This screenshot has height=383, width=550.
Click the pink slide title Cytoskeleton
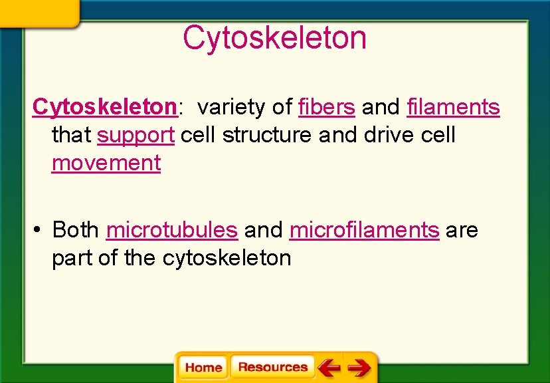tap(274, 38)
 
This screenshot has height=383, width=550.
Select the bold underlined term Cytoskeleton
tap(104, 106)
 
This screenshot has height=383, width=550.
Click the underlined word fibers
tap(327, 106)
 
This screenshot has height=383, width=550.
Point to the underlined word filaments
tap(453, 106)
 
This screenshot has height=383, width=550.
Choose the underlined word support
tap(136, 135)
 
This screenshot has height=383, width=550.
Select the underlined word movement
tap(106, 163)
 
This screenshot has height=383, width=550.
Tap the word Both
tap(76, 230)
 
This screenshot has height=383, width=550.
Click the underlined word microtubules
tap(171, 230)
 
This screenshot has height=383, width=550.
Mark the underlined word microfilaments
tap(364, 230)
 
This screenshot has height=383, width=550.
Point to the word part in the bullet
tap(72, 259)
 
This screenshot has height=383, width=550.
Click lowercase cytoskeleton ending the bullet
tap(227, 259)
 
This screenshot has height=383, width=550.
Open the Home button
tap(203, 368)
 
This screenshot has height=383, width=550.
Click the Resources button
tap(272, 367)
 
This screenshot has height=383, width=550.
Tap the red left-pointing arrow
tap(329, 367)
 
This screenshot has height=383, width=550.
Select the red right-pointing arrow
tap(359, 367)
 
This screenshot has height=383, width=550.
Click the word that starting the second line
tap(71, 135)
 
